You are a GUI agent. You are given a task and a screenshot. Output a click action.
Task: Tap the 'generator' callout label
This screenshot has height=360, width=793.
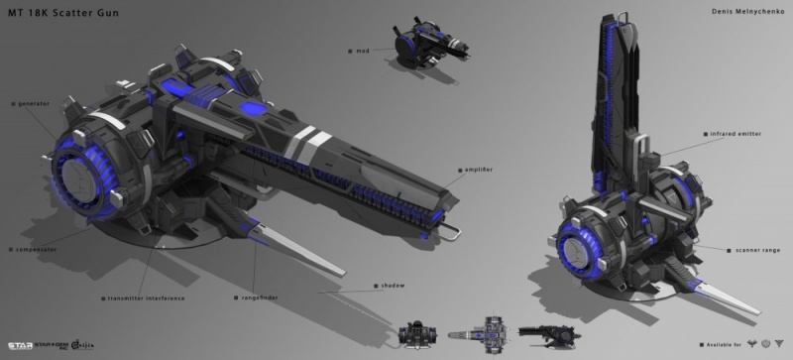[34, 102]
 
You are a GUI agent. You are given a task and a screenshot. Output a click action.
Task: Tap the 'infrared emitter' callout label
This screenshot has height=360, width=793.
[735, 132]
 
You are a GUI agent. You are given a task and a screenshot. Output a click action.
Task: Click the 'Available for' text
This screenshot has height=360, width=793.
[719, 344]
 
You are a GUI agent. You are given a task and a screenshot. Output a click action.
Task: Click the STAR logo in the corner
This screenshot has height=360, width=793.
[20, 346]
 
